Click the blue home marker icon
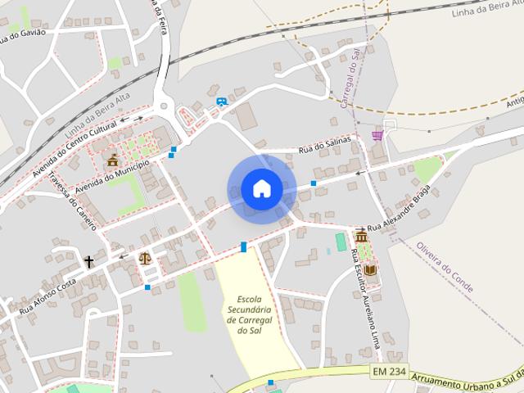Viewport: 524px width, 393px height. click(261, 189)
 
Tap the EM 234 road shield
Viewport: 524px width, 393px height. click(389, 372)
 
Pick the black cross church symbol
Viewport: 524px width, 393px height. click(88, 262)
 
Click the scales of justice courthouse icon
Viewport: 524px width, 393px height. click(145, 259)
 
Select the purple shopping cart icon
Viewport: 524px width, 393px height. click(377, 135)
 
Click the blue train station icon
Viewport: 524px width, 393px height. click(222, 102)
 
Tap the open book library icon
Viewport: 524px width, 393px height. click(370, 269)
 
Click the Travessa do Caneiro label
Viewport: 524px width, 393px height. click(73, 201)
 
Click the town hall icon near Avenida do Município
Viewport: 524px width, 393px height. click(112, 160)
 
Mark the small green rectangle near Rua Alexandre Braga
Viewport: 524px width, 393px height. click(341, 242)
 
